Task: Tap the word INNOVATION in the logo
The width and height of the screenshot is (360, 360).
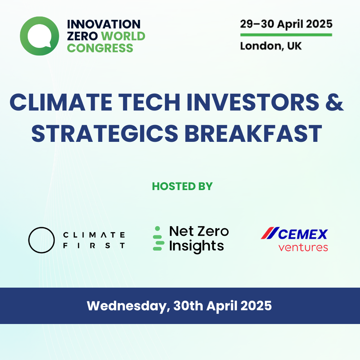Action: pos(104,24)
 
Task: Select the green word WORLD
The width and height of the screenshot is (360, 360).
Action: pos(123,36)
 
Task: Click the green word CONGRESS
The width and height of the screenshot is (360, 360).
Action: pos(100,48)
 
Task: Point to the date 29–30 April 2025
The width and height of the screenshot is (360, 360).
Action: pos(286,24)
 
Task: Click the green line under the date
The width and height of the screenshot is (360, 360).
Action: pos(286,35)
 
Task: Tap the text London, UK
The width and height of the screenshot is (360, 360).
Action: pos(271,46)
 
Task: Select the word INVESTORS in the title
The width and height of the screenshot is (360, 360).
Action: pos(253,102)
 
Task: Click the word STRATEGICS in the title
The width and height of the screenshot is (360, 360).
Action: pos(105,134)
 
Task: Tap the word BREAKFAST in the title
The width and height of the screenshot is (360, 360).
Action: pos(253,134)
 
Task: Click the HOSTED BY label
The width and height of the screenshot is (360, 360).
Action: pos(182,186)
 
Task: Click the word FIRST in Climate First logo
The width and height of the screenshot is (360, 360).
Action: pos(94,246)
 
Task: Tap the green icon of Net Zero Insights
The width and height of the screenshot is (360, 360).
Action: pos(158,238)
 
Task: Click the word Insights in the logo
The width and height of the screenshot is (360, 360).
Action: pos(197,246)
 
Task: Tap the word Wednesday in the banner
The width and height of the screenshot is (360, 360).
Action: pos(129,306)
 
